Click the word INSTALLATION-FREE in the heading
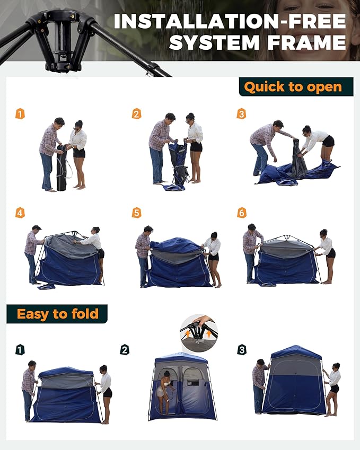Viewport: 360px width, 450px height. [x=230, y=22]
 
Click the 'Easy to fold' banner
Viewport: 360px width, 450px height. [x=57, y=314]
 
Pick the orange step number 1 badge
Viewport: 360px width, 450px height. [x=20, y=113]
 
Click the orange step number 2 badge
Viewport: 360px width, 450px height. [x=137, y=113]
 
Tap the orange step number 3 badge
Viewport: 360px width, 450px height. [x=241, y=113]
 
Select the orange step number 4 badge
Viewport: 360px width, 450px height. [x=20, y=213]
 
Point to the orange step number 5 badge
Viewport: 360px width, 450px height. [x=137, y=213]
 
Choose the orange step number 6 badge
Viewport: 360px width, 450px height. [x=242, y=213]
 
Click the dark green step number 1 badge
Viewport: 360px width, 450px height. [x=20, y=350]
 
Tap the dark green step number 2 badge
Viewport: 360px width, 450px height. [x=125, y=350]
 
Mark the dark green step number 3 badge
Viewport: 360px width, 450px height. [x=242, y=350]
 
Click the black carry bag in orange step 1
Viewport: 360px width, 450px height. [x=62, y=167]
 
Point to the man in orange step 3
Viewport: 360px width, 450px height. [x=265, y=146]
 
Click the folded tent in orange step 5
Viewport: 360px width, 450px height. [x=178, y=262]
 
